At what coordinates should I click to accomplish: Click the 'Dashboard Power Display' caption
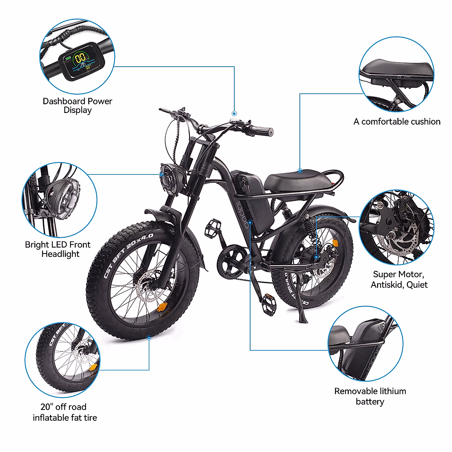(77, 106)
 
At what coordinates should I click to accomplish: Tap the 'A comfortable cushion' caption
(397, 122)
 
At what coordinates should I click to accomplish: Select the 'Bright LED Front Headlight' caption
(58, 249)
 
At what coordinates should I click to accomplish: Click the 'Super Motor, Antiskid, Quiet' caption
(399, 279)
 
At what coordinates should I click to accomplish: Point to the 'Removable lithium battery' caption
(370, 396)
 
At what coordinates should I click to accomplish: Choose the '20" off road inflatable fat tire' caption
(64, 412)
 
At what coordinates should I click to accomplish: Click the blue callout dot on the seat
(300, 171)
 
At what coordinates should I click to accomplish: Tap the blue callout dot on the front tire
(149, 338)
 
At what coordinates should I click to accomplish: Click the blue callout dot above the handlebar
(234, 113)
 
